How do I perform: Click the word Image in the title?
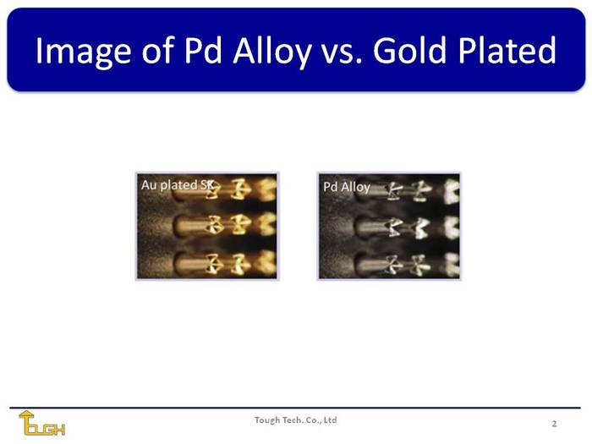[83, 52]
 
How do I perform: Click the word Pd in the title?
[203, 50]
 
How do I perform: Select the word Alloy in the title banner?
[271, 52]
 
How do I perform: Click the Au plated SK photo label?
[178, 185]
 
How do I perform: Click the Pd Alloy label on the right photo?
[347, 187]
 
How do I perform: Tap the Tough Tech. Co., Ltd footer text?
[296, 419]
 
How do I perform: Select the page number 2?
[554, 423]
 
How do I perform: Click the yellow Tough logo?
[41, 423]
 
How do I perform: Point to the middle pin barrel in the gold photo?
[190, 226]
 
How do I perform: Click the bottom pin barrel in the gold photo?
[190, 263]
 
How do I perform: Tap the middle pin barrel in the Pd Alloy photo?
[372, 227]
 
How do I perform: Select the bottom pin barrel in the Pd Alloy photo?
[372, 263]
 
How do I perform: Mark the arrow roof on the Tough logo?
[26, 414]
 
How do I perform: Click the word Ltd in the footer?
[331, 419]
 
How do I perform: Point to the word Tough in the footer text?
[265, 420]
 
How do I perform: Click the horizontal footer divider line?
[295, 408]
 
